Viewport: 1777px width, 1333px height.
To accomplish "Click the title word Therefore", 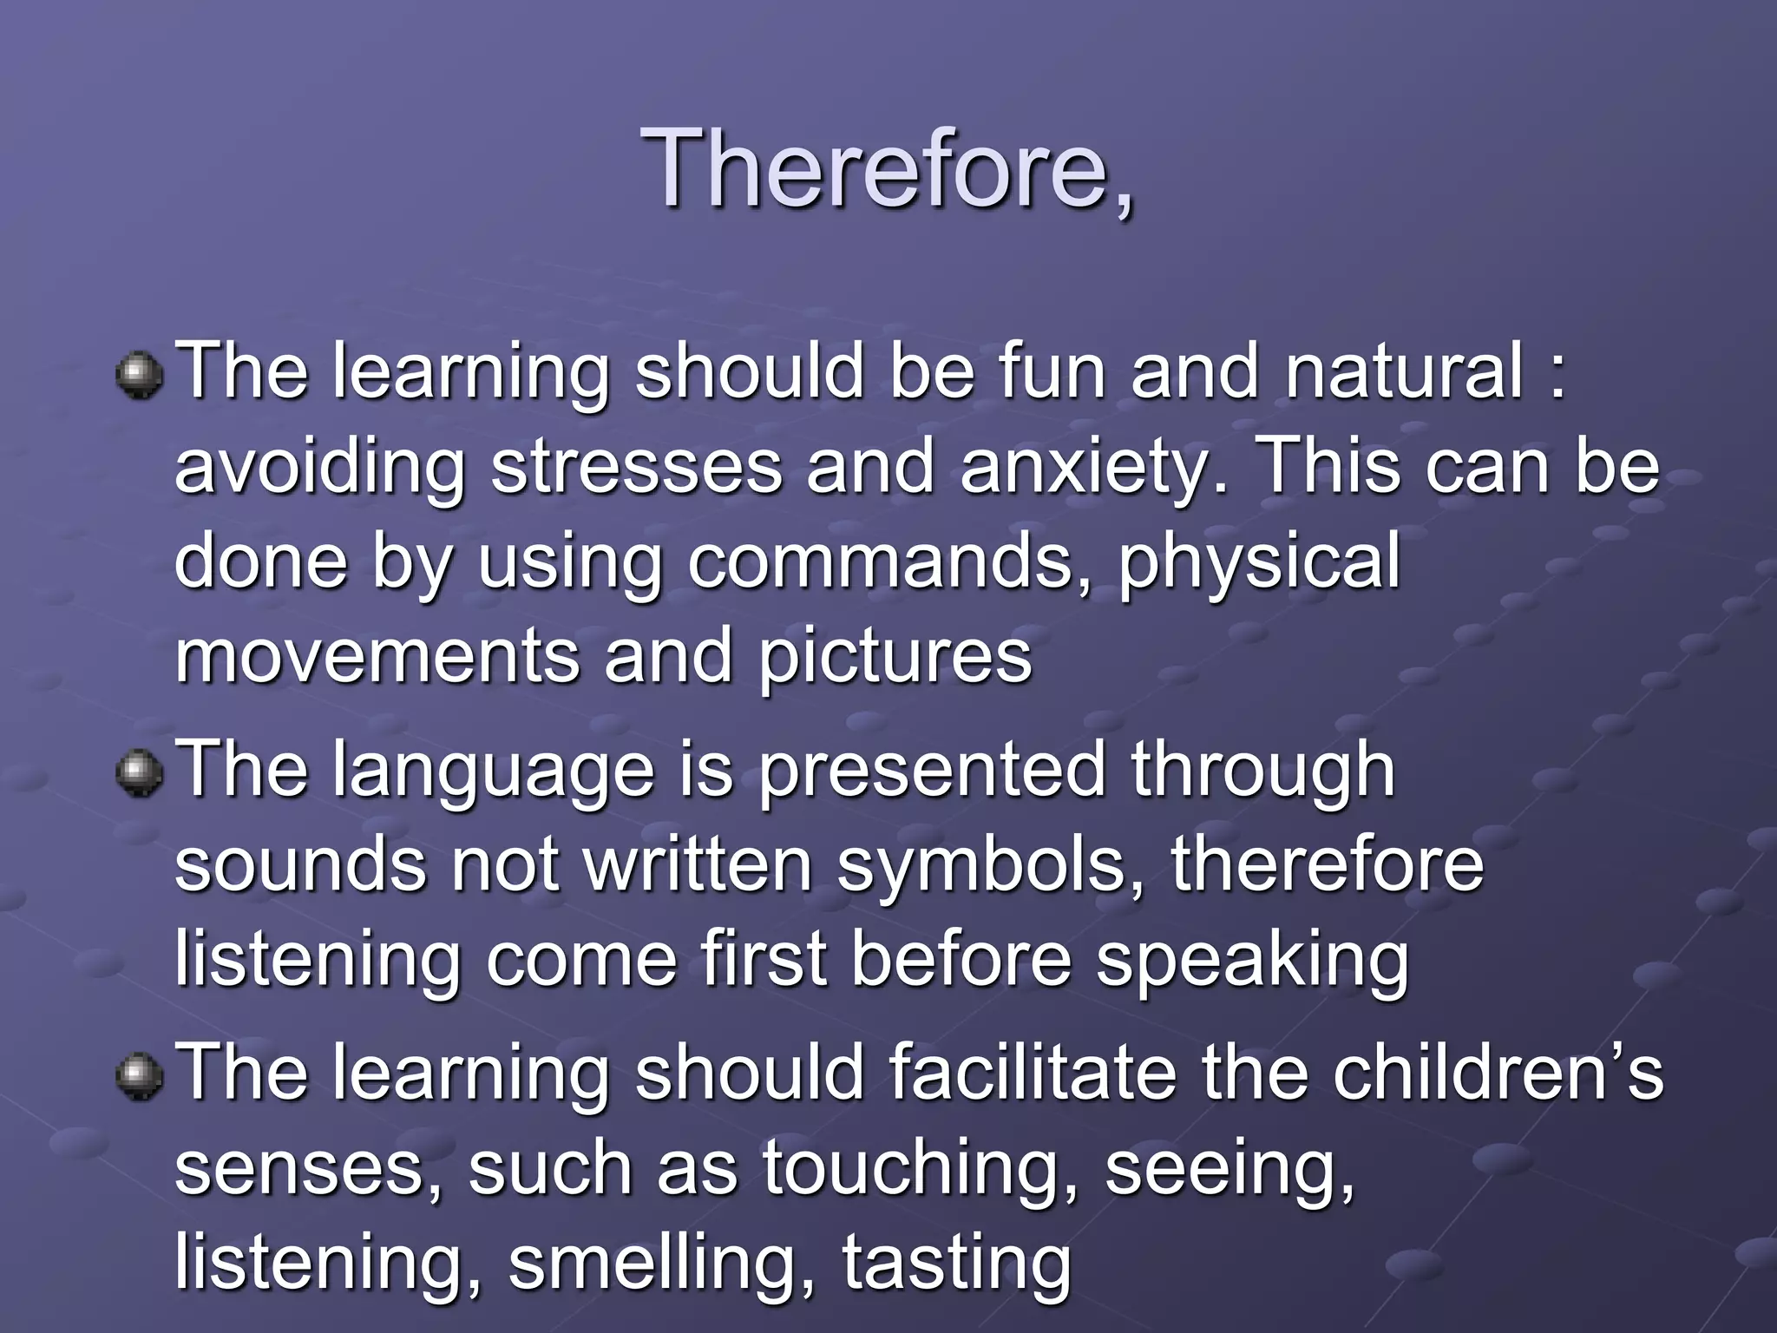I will [x=887, y=169].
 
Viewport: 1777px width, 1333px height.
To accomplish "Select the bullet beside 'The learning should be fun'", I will [x=139, y=374].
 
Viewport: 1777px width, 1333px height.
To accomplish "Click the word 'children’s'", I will [x=1498, y=1074].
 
